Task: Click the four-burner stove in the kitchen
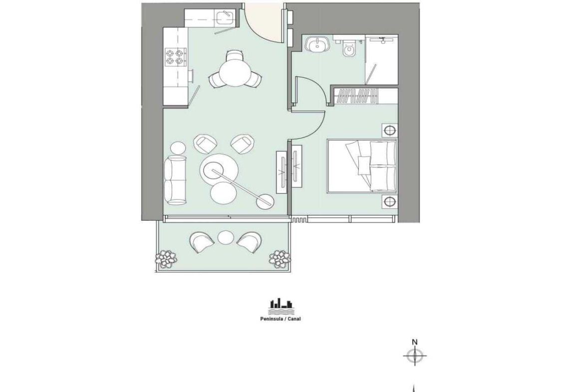[175, 57]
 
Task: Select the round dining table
[236, 73]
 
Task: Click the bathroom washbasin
[317, 45]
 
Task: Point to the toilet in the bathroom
[349, 48]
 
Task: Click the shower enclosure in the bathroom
[382, 59]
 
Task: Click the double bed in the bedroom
[362, 166]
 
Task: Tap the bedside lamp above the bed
[390, 130]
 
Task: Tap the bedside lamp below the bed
[390, 202]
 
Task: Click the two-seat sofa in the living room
[176, 180]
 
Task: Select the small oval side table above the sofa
[178, 148]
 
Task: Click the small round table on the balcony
[225, 238]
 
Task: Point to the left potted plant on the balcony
[166, 258]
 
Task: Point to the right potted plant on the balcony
[280, 258]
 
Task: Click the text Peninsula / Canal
[280, 319]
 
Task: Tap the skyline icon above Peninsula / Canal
[281, 307]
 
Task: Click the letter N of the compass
[414, 342]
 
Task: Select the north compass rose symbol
[414, 356]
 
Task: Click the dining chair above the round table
[236, 56]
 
